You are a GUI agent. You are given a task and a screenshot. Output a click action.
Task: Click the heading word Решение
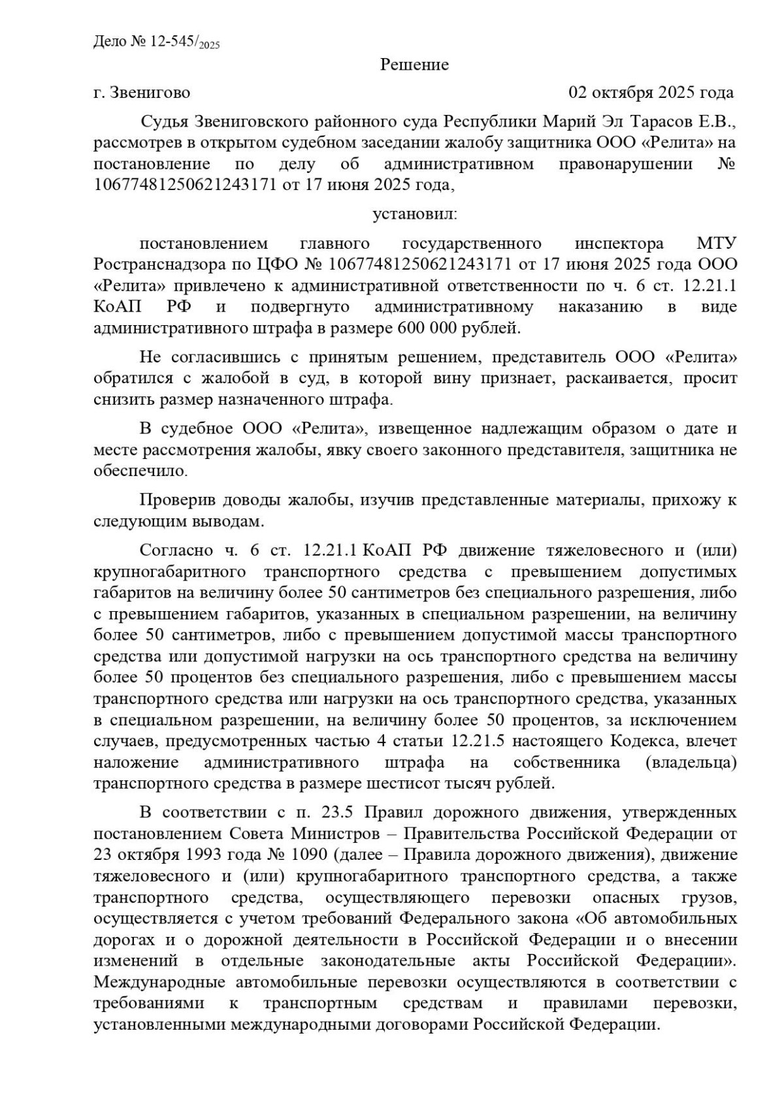[414, 65]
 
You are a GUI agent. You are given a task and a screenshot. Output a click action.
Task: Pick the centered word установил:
[415, 214]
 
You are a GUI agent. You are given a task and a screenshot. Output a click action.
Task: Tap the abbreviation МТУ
[717, 244]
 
